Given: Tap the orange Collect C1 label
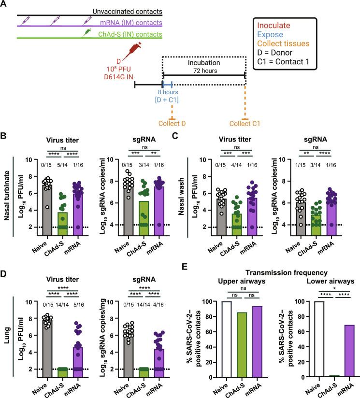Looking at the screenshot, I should (x=245, y=124).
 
